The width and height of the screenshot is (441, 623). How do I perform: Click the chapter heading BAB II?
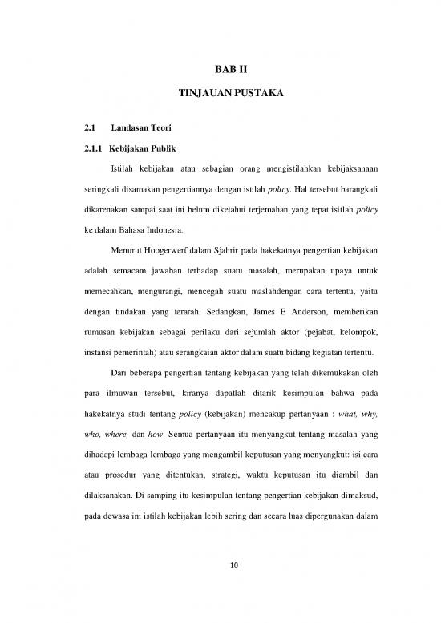220,71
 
